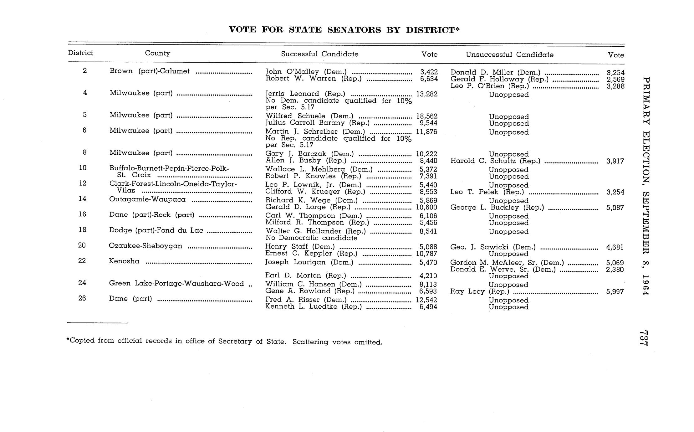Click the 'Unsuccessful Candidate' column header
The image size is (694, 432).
coord(509,55)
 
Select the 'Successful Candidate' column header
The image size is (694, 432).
coord(319,54)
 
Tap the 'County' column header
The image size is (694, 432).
coord(157,53)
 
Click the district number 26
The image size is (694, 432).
coord(82,298)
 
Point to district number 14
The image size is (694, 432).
coord(82,199)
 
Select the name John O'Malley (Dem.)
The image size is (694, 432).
coord(306,72)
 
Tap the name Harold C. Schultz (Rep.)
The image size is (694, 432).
coord(495,161)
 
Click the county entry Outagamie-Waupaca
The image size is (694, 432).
coord(147,199)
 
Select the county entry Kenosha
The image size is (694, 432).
coord(124,261)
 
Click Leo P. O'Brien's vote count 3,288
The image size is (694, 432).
coord(615,86)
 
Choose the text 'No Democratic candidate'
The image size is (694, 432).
coord(311,238)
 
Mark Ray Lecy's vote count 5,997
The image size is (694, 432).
coord(615,292)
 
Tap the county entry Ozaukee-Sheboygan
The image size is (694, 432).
coord(145,246)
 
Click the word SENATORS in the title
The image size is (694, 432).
coord(354,30)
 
